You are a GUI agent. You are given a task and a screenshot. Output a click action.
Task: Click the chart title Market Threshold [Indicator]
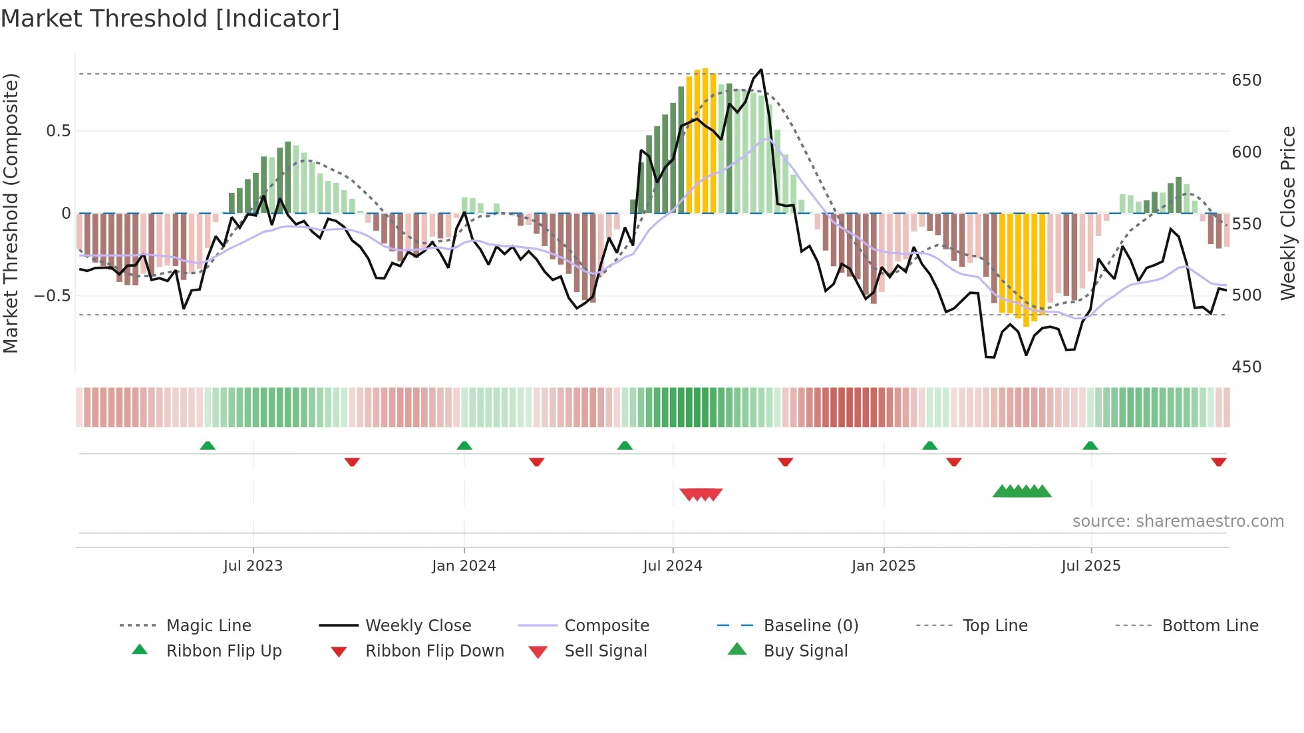[170, 19]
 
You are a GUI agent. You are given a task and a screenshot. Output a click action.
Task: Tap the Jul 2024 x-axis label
[673, 566]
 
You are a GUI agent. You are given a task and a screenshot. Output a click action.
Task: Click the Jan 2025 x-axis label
[884, 566]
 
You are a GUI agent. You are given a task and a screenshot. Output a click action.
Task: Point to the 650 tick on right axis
[1246, 80]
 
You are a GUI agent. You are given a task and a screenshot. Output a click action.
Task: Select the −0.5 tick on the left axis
[53, 295]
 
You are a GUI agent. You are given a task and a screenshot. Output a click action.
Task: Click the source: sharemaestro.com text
[1178, 521]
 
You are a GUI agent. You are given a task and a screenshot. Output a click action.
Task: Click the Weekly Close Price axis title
[1288, 213]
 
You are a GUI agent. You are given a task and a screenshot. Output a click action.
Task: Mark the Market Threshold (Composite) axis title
[11, 213]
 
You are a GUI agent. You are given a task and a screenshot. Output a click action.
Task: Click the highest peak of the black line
[761, 70]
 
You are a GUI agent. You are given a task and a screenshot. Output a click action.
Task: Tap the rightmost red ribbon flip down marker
[1218, 462]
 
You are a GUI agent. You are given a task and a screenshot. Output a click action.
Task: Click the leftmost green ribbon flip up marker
[208, 446]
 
